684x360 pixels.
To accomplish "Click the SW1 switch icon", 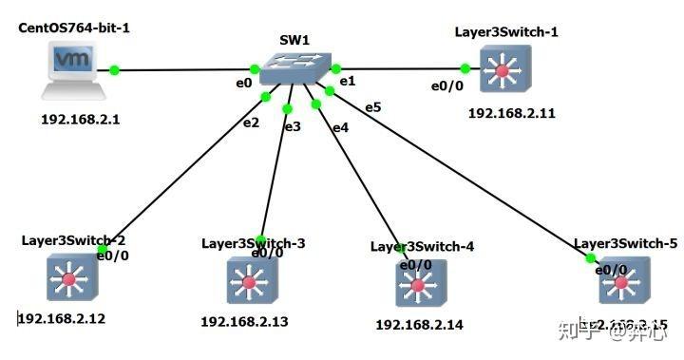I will [294, 66].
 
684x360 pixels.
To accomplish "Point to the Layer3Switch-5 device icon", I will [625, 284].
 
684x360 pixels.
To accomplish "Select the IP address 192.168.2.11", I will [511, 113].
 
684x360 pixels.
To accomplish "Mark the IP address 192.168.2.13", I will [244, 321].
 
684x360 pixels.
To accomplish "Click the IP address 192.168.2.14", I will [419, 325].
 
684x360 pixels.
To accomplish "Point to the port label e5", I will [372, 106].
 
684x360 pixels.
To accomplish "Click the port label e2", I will [251, 122].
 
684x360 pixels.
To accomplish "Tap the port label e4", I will [340, 126].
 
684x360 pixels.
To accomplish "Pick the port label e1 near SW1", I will [348, 81].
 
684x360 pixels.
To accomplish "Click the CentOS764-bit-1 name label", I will [74, 28].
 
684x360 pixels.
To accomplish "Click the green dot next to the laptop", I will [114, 69].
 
